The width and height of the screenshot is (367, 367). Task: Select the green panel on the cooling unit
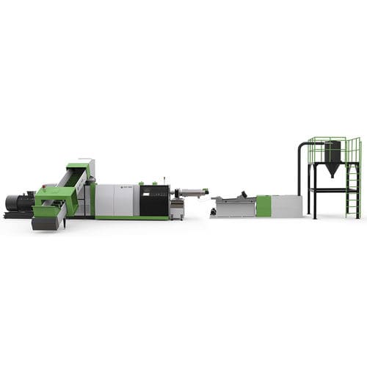tap(264, 206)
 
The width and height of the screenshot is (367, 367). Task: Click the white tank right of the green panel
tap(287, 206)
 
